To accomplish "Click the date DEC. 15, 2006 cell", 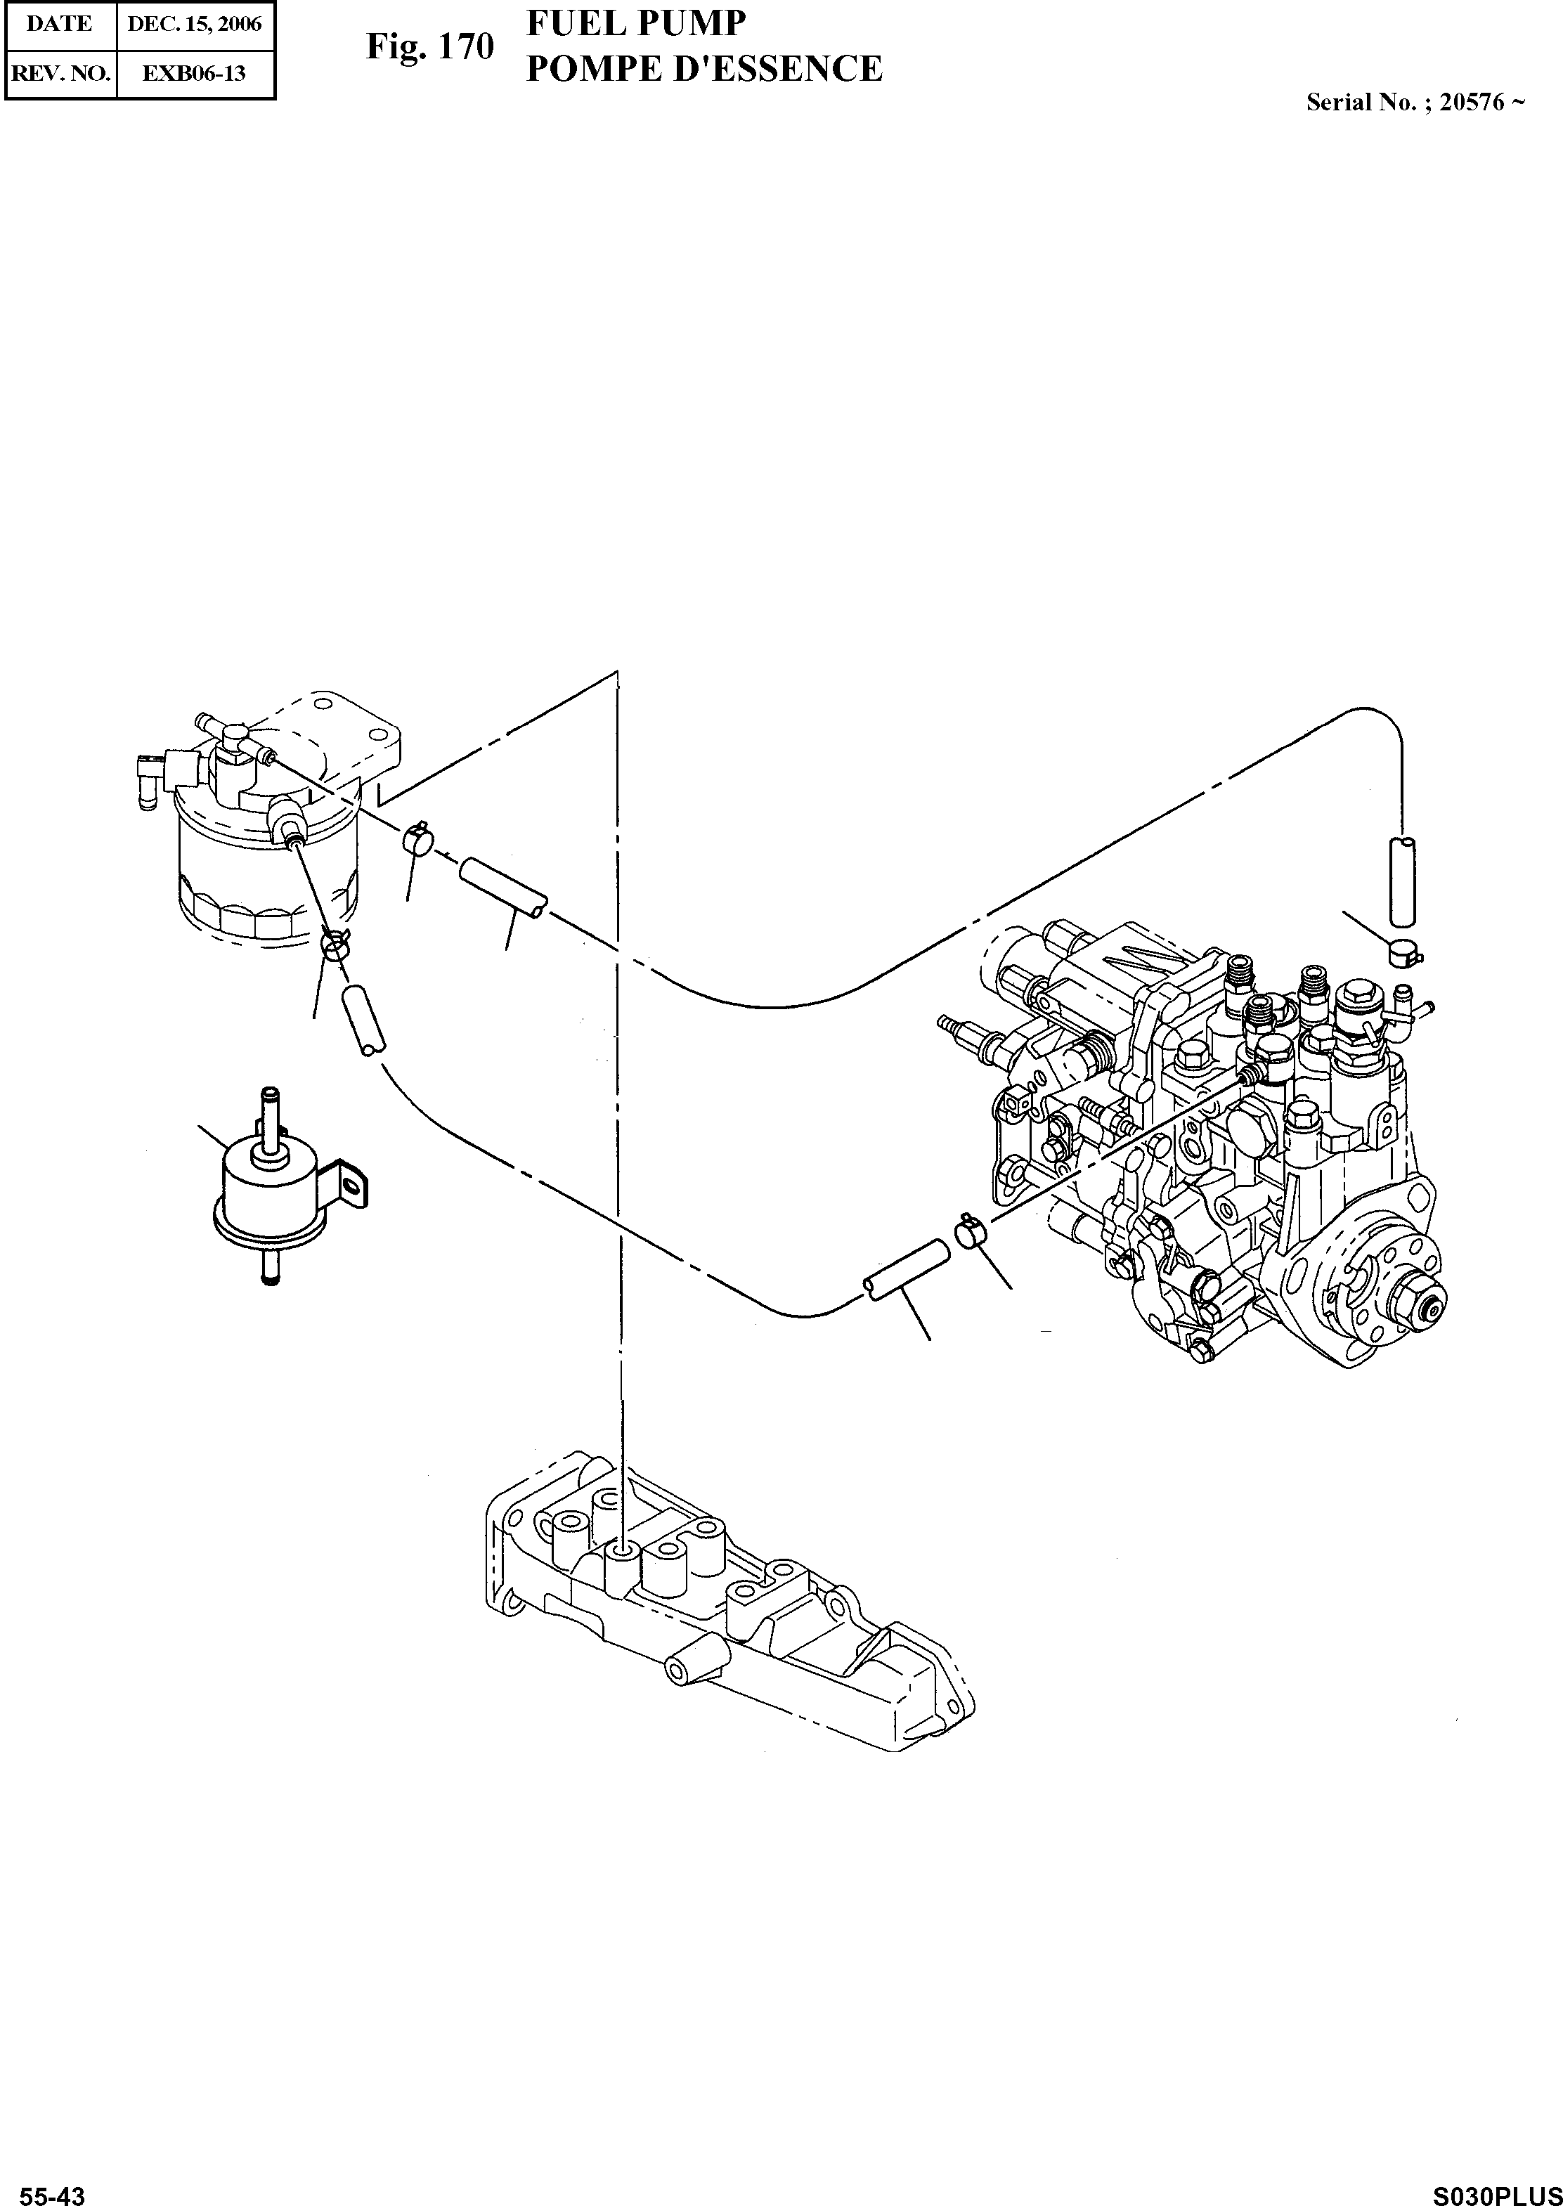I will click(x=195, y=24).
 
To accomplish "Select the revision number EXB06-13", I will click(x=195, y=73).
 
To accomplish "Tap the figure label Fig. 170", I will click(x=429, y=46).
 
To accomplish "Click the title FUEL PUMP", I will click(x=635, y=23).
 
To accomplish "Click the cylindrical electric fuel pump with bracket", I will click(x=265, y=1198).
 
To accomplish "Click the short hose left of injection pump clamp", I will click(x=907, y=1273).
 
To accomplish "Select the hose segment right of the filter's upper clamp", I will click(x=503, y=889).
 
